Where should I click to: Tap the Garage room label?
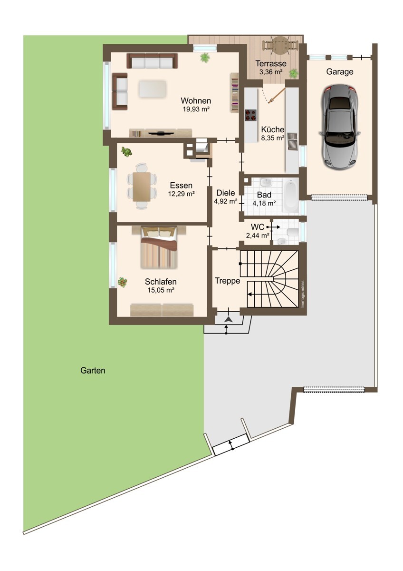tap(340, 72)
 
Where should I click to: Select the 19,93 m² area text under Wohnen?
tap(196, 109)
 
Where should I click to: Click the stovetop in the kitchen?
tap(251, 115)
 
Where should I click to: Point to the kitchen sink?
tap(293, 141)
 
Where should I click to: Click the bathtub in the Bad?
tap(291, 196)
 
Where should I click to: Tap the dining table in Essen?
tap(142, 187)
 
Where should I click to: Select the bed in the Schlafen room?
tap(159, 247)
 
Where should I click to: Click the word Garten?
tap(93, 370)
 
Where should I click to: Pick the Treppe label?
tap(227, 281)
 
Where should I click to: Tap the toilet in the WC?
tap(293, 232)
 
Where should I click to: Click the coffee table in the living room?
tap(153, 89)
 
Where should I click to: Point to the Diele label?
tap(226, 193)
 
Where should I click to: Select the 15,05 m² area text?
tap(161, 290)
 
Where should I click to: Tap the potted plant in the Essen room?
tap(126, 152)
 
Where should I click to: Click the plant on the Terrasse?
tap(294, 73)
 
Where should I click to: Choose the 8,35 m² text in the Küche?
tap(273, 138)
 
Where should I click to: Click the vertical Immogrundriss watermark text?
tap(302, 294)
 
